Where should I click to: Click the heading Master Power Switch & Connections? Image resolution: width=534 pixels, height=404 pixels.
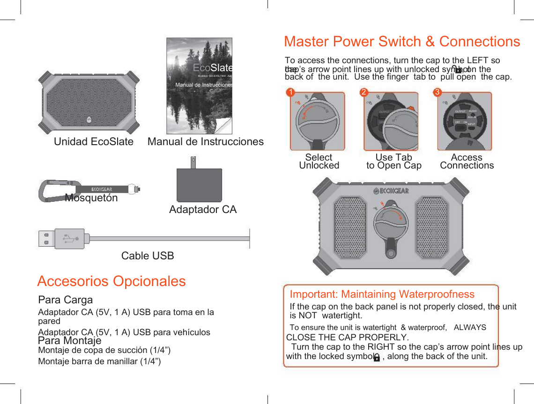[x=402, y=42]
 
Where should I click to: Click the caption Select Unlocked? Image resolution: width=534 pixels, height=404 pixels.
[x=319, y=162]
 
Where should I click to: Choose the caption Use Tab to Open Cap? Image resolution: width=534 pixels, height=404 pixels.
[x=393, y=162]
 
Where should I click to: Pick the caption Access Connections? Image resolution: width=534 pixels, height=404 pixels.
[x=467, y=162]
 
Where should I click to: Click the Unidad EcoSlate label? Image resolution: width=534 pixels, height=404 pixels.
[x=94, y=141]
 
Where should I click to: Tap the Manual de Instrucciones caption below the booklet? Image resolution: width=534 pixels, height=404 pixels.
[x=205, y=141]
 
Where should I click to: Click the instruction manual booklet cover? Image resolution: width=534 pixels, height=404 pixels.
[x=200, y=86]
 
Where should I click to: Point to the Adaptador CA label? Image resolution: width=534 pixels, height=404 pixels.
[x=203, y=209]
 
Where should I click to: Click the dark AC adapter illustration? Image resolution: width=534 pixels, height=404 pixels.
[x=199, y=184]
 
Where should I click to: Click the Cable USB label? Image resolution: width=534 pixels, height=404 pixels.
[x=148, y=256]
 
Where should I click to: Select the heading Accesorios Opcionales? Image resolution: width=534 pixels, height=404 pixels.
[x=111, y=281]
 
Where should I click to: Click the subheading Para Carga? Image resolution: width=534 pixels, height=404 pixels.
[x=66, y=300]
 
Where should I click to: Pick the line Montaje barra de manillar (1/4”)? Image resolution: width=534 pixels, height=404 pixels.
[x=99, y=361]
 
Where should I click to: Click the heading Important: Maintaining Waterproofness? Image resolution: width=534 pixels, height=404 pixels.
[x=382, y=294]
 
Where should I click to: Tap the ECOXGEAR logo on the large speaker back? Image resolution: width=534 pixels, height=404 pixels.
[x=391, y=191]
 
